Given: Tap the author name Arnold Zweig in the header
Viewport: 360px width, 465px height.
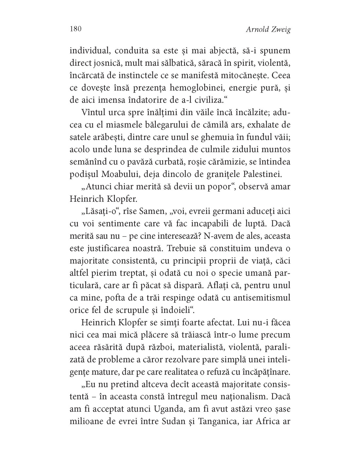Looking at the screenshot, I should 268,30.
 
